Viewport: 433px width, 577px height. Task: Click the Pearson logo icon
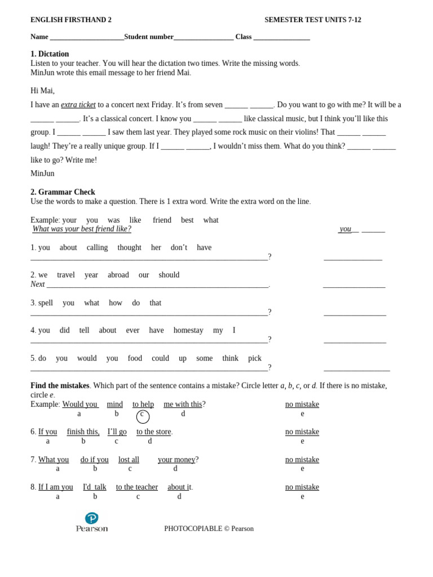[x=91, y=518]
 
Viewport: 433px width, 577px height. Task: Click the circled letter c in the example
[x=143, y=416]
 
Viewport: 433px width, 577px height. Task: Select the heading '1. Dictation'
[x=50, y=54]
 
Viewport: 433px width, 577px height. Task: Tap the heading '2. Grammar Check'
[x=63, y=192]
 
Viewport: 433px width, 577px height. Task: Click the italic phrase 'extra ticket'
[x=78, y=105]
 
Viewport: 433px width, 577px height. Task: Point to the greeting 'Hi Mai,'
[x=42, y=91]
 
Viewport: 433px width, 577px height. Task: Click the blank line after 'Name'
[x=87, y=37]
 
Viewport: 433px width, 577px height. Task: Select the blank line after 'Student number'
[x=204, y=37]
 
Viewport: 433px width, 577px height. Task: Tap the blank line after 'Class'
[x=281, y=37]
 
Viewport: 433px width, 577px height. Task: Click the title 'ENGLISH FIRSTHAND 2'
[x=71, y=20]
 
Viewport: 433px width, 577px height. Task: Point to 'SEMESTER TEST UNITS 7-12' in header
[x=313, y=20]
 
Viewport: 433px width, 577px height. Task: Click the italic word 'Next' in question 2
[x=37, y=285]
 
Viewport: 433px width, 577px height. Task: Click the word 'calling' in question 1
[x=97, y=248]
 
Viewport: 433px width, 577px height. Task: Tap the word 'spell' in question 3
[x=46, y=303]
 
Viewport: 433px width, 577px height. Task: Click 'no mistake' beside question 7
[x=302, y=460]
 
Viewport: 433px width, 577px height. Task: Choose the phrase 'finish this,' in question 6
[x=83, y=432]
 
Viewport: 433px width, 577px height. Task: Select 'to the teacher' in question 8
[x=137, y=487]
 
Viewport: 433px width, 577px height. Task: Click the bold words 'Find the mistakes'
[x=60, y=386]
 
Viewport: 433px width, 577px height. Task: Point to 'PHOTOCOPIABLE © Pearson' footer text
[x=209, y=529]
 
